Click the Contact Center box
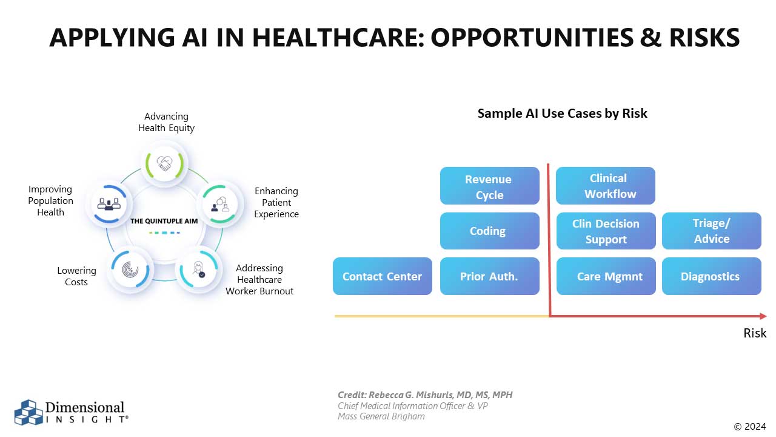coord(382,276)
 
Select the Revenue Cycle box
coord(489,186)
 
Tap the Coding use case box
coord(489,231)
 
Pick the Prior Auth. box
coord(489,276)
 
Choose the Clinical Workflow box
coord(606,186)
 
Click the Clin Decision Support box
coord(606,231)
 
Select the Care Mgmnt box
coord(606,276)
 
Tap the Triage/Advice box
coord(711,231)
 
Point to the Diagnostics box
coord(711,276)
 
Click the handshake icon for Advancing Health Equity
coord(165,163)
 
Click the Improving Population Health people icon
coord(109,204)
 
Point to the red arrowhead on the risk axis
coord(763,316)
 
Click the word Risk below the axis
coord(755,333)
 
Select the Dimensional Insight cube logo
coord(28,412)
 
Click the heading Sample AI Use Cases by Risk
coord(562,113)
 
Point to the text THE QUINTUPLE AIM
coord(164,221)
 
